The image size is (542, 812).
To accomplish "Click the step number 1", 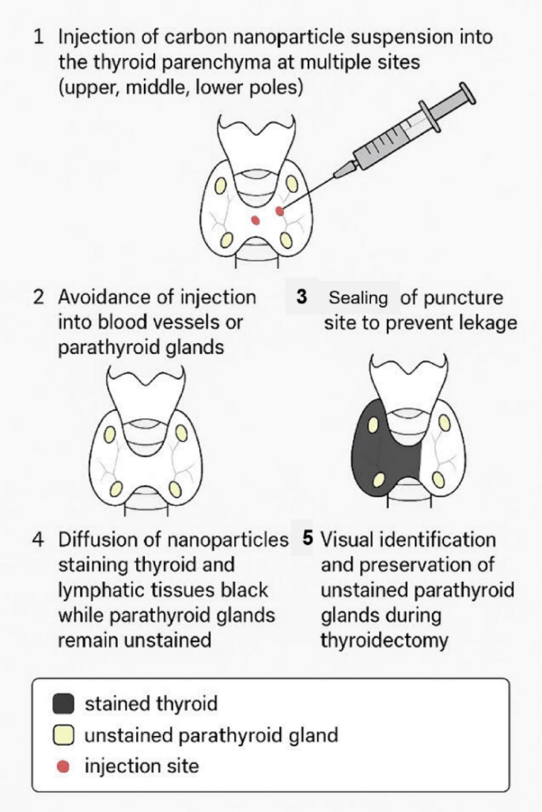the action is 38,37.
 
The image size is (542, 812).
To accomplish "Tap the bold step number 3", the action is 301,298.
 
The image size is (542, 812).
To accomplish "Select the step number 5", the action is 308,539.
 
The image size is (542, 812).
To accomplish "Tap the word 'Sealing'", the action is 358,298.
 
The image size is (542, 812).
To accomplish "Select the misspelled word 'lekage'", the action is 473,323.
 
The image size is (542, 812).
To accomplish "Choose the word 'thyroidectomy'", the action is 384,640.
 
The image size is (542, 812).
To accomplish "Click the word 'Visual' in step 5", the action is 347,540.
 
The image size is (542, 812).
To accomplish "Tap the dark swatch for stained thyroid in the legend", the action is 66,703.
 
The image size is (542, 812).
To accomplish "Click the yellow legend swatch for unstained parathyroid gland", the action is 66,735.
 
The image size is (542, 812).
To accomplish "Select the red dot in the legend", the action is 66,765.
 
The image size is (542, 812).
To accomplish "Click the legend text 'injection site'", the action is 142,765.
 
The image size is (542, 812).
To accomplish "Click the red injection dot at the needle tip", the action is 279,211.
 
